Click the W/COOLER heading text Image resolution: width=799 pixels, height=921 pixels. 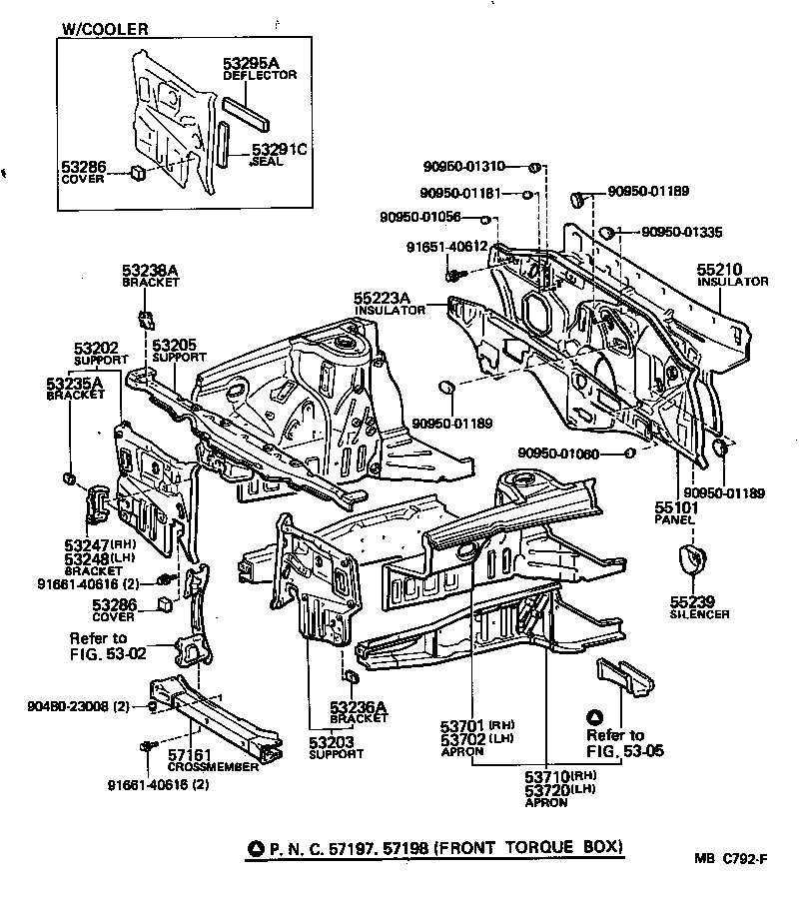(x=105, y=29)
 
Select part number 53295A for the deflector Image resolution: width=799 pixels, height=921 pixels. (x=250, y=64)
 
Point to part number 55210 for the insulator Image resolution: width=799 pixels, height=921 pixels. (x=720, y=271)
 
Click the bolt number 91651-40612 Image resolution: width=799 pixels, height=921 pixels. (x=445, y=247)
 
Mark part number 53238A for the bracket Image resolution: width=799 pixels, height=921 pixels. (x=150, y=270)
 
